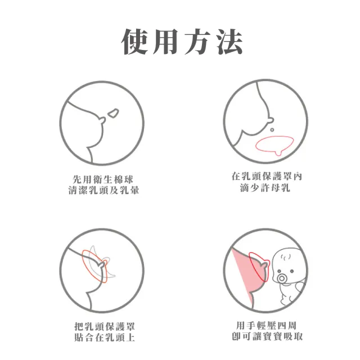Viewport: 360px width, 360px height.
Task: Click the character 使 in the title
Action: point(135,42)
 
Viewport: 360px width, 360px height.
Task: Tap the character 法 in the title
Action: point(229,42)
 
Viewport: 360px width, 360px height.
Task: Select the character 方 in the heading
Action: point(197,42)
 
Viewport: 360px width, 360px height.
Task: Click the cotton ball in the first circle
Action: point(114,113)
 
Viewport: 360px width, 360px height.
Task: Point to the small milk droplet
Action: point(272,130)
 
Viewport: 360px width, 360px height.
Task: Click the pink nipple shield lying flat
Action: point(274,145)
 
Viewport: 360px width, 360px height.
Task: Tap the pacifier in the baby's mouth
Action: point(281,279)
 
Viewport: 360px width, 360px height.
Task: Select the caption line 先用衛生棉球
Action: point(102,179)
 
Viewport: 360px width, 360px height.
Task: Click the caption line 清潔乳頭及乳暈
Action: point(103,190)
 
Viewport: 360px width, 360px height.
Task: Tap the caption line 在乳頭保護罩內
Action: point(267,177)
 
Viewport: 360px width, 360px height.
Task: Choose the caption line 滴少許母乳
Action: point(265,188)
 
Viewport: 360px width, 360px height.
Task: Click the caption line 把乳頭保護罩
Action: point(105,326)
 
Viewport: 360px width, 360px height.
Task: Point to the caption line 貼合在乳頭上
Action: point(105,337)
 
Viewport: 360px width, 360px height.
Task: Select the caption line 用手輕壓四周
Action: point(266,325)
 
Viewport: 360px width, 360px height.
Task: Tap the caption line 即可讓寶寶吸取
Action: point(267,336)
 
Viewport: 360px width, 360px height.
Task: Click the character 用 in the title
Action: point(166,42)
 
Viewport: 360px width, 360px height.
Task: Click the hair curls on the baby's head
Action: point(286,258)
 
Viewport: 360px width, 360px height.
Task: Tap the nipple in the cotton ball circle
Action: point(102,120)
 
